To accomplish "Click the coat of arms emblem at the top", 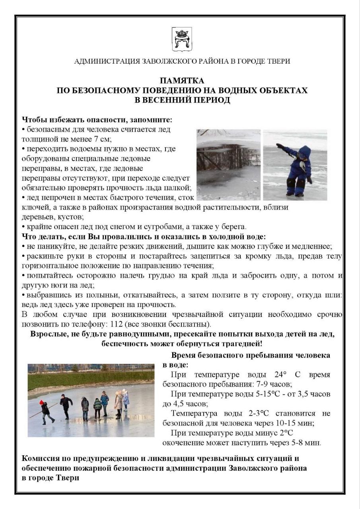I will point(182,39).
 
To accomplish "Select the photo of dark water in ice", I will point(228,164).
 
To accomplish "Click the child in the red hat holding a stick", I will point(46,411).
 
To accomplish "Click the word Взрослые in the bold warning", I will point(48,334).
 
